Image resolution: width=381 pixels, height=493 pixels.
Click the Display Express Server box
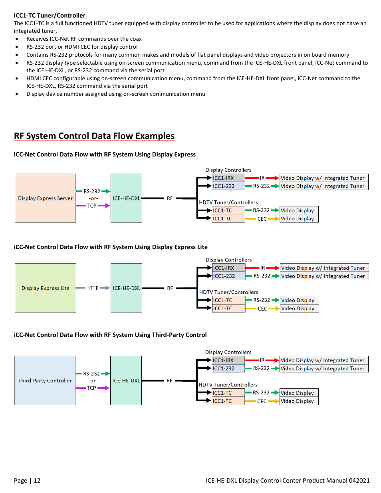pyautogui.click(x=45, y=198)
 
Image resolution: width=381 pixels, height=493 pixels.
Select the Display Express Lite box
pyautogui.click(x=45, y=288)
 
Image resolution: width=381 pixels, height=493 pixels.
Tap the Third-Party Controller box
pyautogui.click(x=45, y=380)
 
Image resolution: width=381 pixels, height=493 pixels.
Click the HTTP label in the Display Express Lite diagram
pyautogui.click(x=92, y=288)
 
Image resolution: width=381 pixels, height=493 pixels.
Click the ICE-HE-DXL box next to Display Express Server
pyautogui.click(x=126, y=198)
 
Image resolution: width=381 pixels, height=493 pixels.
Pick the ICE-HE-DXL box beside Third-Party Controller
pyautogui.click(x=126, y=380)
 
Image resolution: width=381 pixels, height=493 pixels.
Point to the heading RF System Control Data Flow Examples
pyautogui.click(x=94, y=136)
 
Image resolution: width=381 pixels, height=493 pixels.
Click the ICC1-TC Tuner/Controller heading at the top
pyautogui.click(x=50, y=15)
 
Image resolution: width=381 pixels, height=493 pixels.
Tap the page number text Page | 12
pyautogui.click(x=27, y=480)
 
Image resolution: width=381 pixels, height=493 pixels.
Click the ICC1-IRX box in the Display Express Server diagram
pyautogui.click(x=228, y=178)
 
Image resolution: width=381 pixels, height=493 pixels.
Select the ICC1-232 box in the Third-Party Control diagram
pyautogui.click(x=228, y=368)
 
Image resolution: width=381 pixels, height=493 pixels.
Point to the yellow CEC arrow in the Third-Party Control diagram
pyautogui.click(x=274, y=401)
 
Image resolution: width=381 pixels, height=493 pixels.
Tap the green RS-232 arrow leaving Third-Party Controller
pyautogui.click(x=105, y=374)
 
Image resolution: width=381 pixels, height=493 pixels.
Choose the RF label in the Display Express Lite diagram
pyautogui.click(x=170, y=288)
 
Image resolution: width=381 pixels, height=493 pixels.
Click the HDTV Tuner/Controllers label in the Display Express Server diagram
pyautogui.click(x=228, y=202)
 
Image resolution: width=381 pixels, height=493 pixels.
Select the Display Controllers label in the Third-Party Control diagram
pyautogui.click(x=228, y=352)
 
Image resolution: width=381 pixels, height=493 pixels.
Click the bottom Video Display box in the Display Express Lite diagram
pyautogui.click(x=299, y=309)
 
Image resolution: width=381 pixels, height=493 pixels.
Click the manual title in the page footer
pyautogui.click(x=288, y=480)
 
